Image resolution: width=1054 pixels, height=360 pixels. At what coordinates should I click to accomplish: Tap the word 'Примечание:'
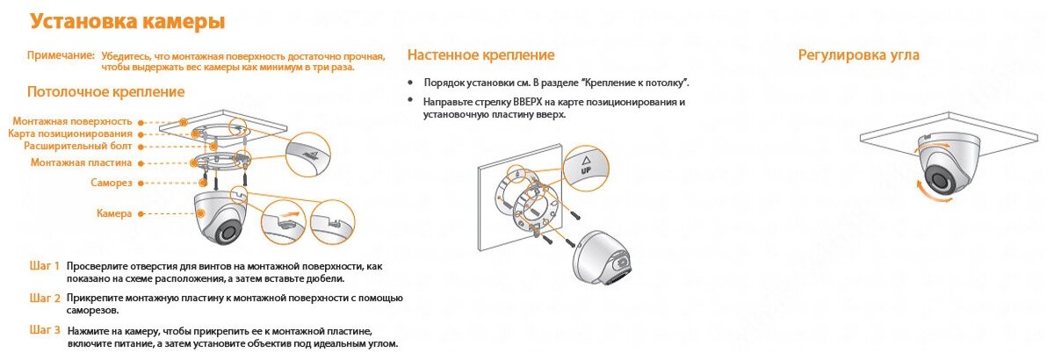(x=61, y=55)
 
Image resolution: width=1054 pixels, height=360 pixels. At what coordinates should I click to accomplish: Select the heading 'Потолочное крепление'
(x=105, y=91)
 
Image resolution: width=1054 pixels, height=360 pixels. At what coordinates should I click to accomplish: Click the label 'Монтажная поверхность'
(x=72, y=120)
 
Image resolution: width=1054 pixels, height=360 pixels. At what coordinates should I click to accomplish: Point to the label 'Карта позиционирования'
(x=70, y=133)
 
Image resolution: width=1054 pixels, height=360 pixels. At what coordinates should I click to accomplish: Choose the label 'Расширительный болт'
(x=78, y=146)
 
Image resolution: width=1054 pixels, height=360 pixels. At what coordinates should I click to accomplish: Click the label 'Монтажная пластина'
(x=81, y=162)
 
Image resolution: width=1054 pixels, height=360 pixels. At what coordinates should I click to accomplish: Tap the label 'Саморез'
(x=112, y=183)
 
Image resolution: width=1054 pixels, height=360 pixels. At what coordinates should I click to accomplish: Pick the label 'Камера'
(x=114, y=213)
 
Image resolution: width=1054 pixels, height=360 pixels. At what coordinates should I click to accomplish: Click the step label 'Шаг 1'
(x=45, y=264)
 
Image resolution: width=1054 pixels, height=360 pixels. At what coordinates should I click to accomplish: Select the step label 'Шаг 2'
(x=45, y=298)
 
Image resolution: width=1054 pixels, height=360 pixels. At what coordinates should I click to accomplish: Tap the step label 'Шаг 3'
(x=45, y=330)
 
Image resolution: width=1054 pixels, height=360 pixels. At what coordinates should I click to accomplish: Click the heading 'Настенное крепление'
(x=480, y=55)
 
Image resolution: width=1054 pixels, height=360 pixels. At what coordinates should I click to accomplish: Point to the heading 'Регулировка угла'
(x=858, y=55)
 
